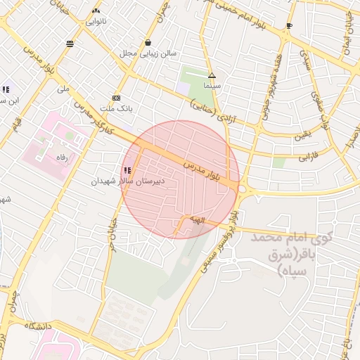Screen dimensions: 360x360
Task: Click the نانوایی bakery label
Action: pyautogui.click(x=96, y=21)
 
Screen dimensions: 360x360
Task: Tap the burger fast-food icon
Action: pyautogui.click(x=70, y=44)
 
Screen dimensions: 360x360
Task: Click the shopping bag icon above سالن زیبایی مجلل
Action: pyautogui.click(x=148, y=42)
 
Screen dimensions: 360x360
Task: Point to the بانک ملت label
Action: pyautogui.click(x=116, y=109)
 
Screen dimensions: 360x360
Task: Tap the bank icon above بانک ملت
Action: pyautogui.click(x=116, y=98)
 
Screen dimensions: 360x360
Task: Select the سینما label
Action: pyautogui.click(x=212, y=85)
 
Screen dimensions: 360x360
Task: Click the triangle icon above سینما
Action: pyautogui.click(x=212, y=75)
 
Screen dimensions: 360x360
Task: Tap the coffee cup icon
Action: pyautogui.click(x=288, y=26)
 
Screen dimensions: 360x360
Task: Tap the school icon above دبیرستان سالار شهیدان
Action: pyautogui.click(x=127, y=170)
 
